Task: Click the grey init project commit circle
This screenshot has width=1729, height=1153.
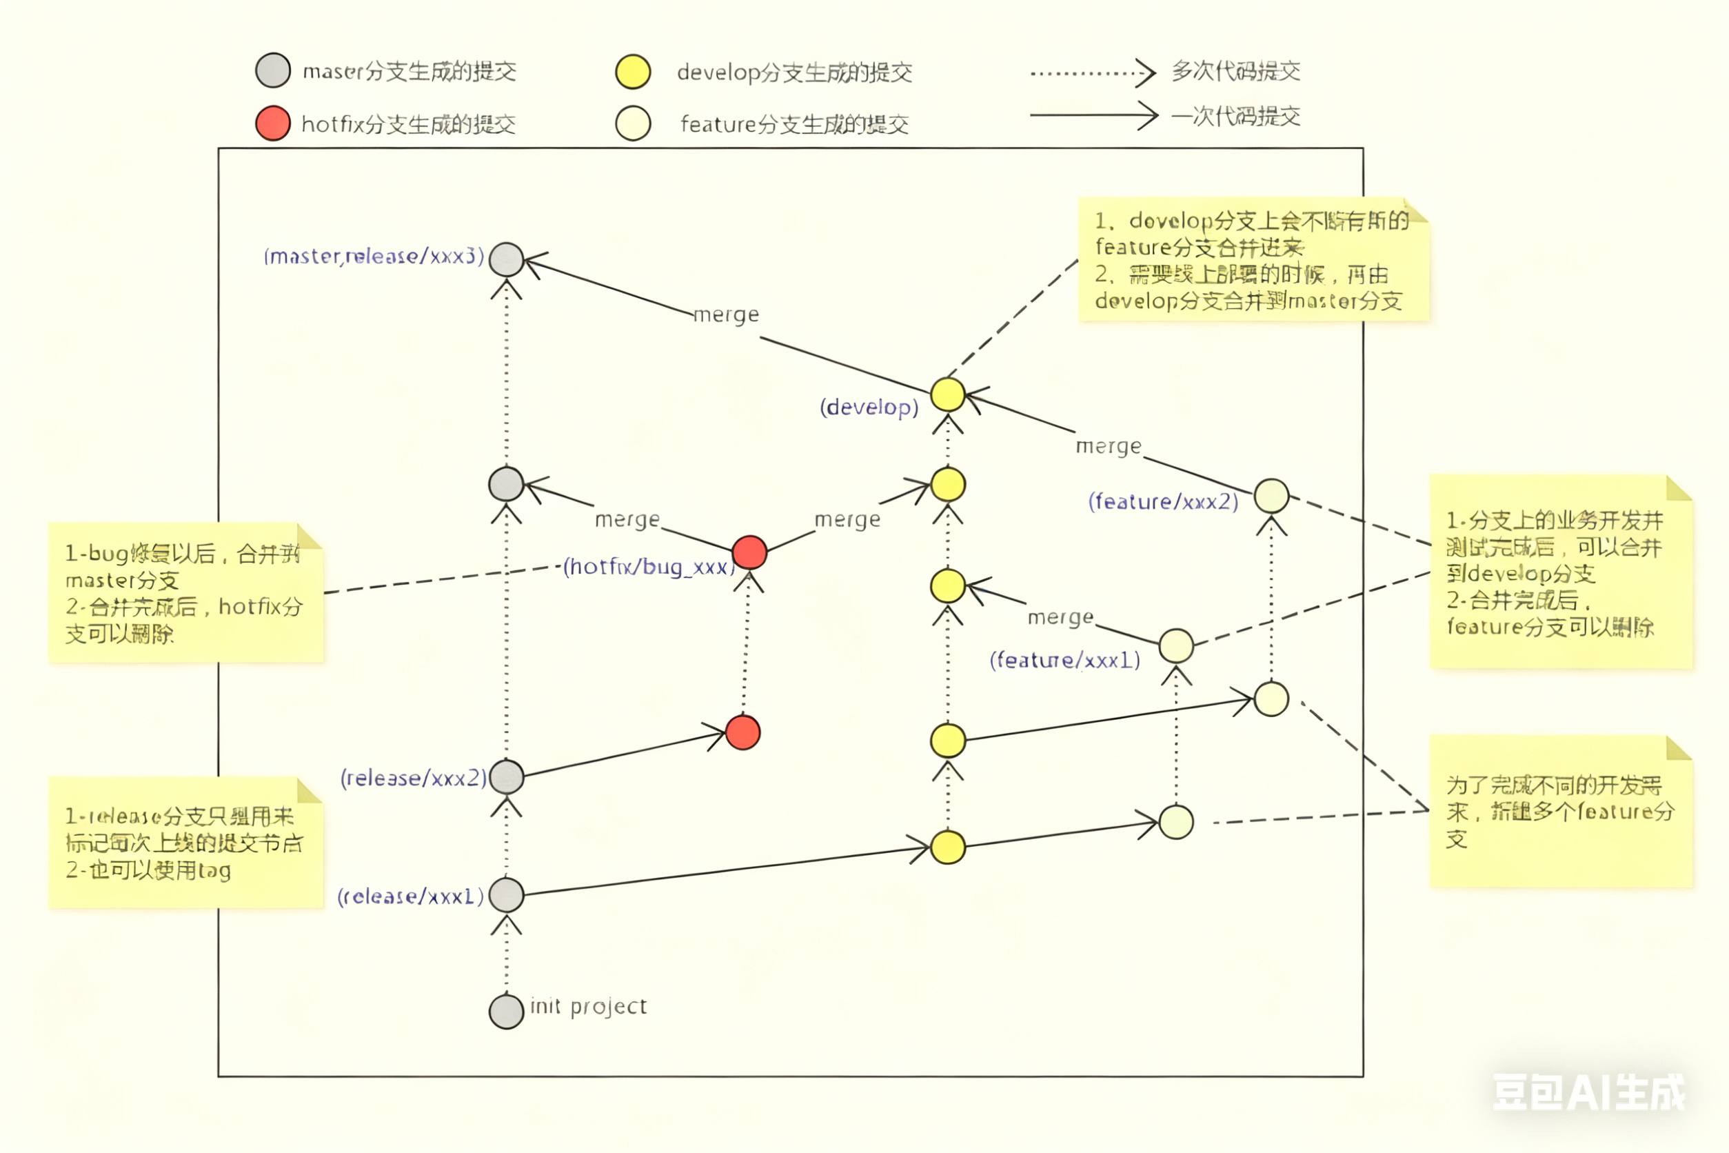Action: [506, 1011]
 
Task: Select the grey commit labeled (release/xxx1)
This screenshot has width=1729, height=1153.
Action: [506, 895]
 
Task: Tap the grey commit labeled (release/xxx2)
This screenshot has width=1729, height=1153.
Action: [506, 776]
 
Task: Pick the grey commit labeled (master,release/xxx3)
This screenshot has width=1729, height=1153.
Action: [506, 259]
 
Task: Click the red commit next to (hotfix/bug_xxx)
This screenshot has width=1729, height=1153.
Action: [749, 552]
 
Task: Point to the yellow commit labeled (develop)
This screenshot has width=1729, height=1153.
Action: [947, 395]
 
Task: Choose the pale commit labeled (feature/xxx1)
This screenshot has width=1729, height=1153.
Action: [1175, 645]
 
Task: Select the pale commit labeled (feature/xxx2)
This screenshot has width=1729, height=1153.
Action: [1271, 496]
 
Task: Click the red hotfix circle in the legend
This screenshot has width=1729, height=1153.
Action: [273, 123]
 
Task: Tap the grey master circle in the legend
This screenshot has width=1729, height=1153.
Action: [273, 70]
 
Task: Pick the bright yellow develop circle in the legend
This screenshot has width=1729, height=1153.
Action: [633, 71]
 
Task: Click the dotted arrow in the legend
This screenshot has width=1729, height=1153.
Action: [1093, 73]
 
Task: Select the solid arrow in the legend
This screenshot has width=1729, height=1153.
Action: [1093, 115]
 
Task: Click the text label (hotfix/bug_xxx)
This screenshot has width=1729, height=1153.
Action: [648, 566]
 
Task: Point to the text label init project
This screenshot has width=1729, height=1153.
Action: [588, 1006]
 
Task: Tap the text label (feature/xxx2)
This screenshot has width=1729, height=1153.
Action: [1163, 501]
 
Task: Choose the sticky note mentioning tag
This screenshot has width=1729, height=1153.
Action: [185, 843]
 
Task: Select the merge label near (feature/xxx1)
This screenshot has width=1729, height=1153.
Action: [1060, 617]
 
